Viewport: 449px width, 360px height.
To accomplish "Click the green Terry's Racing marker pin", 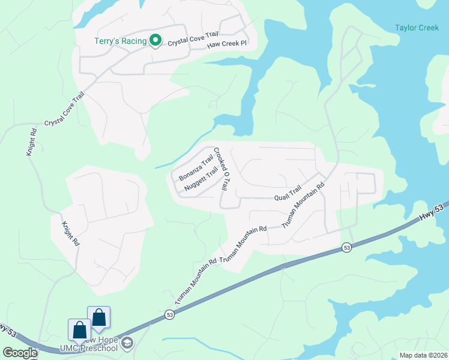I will click(x=155, y=40).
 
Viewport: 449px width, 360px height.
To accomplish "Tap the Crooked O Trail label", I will click(x=221, y=170).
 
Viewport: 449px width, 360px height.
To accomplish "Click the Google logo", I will click(x=19, y=352).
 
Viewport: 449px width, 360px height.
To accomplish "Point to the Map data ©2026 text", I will click(x=423, y=355).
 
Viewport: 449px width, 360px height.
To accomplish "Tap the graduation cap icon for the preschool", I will click(x=127, y=343).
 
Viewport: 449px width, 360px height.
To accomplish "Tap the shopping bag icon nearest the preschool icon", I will click(x=99, y=318).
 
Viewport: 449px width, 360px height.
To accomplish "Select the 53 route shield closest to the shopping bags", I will click(x=170, y=314).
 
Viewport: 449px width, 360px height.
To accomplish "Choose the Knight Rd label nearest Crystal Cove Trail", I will click(x=32, y=142).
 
